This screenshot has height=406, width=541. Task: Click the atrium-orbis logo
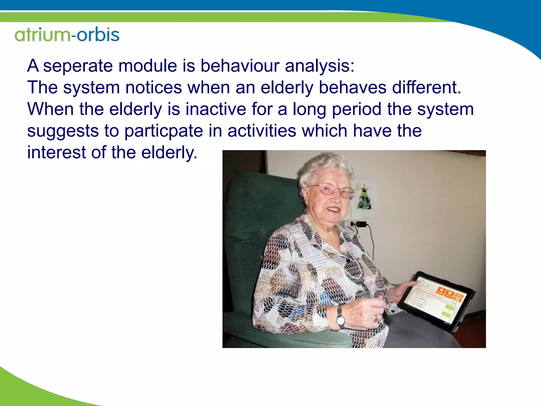click(x=67, y=34)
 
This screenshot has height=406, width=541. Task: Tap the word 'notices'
click(x=153, y=87)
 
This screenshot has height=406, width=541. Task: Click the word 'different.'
click(x=426, y=87)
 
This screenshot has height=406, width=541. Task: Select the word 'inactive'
click(x=216, y=109)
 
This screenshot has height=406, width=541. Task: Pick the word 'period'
click(x=356, y=109)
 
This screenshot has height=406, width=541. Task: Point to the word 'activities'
click(x=262, y=131)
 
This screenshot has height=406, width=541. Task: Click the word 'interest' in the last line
click(x=56, y=153)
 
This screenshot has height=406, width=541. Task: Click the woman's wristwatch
click(x=340, y=320)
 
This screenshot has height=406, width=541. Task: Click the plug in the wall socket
click(x=361, y=224)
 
